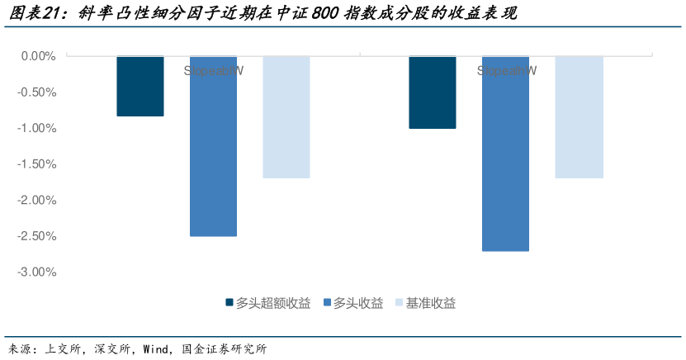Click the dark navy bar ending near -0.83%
pyautogui.click(x=140, y=86)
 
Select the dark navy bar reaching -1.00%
pyautogui.click(x=433, y=92)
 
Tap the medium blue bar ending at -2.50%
pyautogui.click(x=213, y=146)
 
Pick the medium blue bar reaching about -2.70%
pyautogui.click(x=505, y=154)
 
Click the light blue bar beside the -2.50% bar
pyautogui.click(x=286, y=117)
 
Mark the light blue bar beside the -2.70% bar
pyautogui.click(x=579, y=117)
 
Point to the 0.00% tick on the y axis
pyautogui.click(x=36, y=56)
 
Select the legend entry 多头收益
pyautogui.click(x=357, y=303)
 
